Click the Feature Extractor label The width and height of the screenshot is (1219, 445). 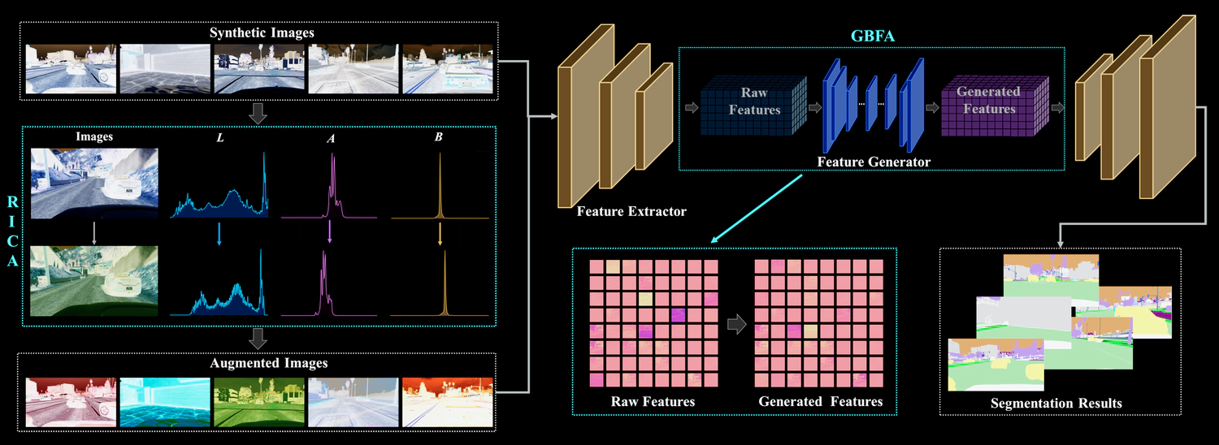tap(631, 212)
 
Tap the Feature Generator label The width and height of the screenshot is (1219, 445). tap(874, 162)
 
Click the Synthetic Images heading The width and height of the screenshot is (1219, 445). tap(262, 33)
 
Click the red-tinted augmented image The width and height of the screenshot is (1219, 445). tap(70, 401)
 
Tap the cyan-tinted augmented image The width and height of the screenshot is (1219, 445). tap(165, 401)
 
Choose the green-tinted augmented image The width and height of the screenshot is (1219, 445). tap(258, 401)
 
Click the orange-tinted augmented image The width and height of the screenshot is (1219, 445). tap(447, 401)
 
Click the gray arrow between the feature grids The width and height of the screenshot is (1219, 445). tap(736, 325)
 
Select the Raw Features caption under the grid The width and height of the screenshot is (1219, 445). tap(653, 401)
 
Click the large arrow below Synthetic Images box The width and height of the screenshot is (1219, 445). tap(258, 114)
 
